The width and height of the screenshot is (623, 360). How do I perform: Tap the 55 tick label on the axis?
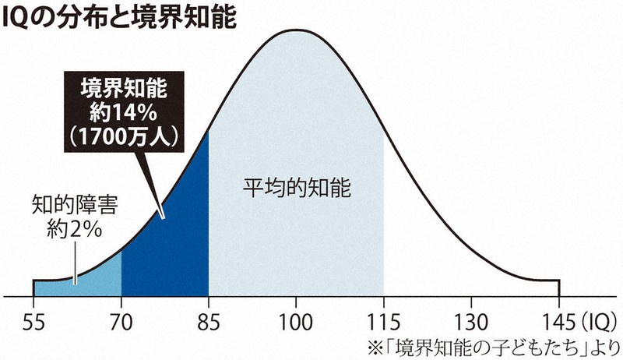pyautogui.click(x=33, y=321)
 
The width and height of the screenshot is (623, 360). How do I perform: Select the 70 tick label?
pyautogui.click(x=121, y=321)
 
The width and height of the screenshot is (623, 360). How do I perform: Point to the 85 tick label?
pyautogui.click(x=209, y=321)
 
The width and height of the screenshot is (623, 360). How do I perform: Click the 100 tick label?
pyautogui.click(x=296, y=321)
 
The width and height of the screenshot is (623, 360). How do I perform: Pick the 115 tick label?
pyautogui.click(x=384, y=321)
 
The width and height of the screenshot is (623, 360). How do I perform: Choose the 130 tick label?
pyautogui.click(x=471, y=321)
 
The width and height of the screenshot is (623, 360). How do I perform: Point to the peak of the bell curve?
pyautogui.click(x=296, y=30)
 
